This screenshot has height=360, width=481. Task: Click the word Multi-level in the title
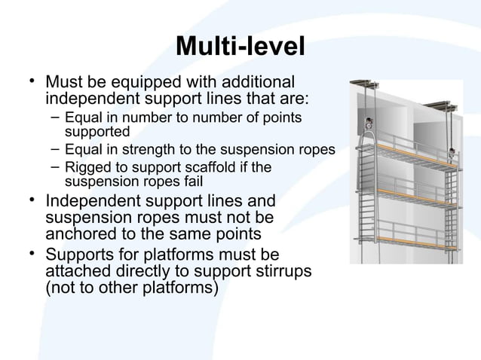[x=240, y=47]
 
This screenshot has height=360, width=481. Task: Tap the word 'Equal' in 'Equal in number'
[x=82, y=118]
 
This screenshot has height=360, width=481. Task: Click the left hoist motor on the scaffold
[x=369, y=124]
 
